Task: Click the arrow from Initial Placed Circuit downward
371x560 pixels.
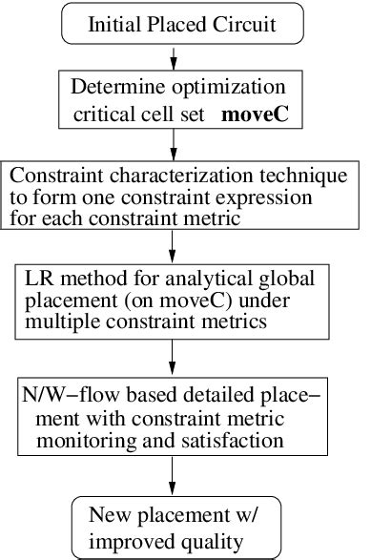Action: point(173,57)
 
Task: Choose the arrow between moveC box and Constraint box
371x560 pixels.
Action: point(173,146)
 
